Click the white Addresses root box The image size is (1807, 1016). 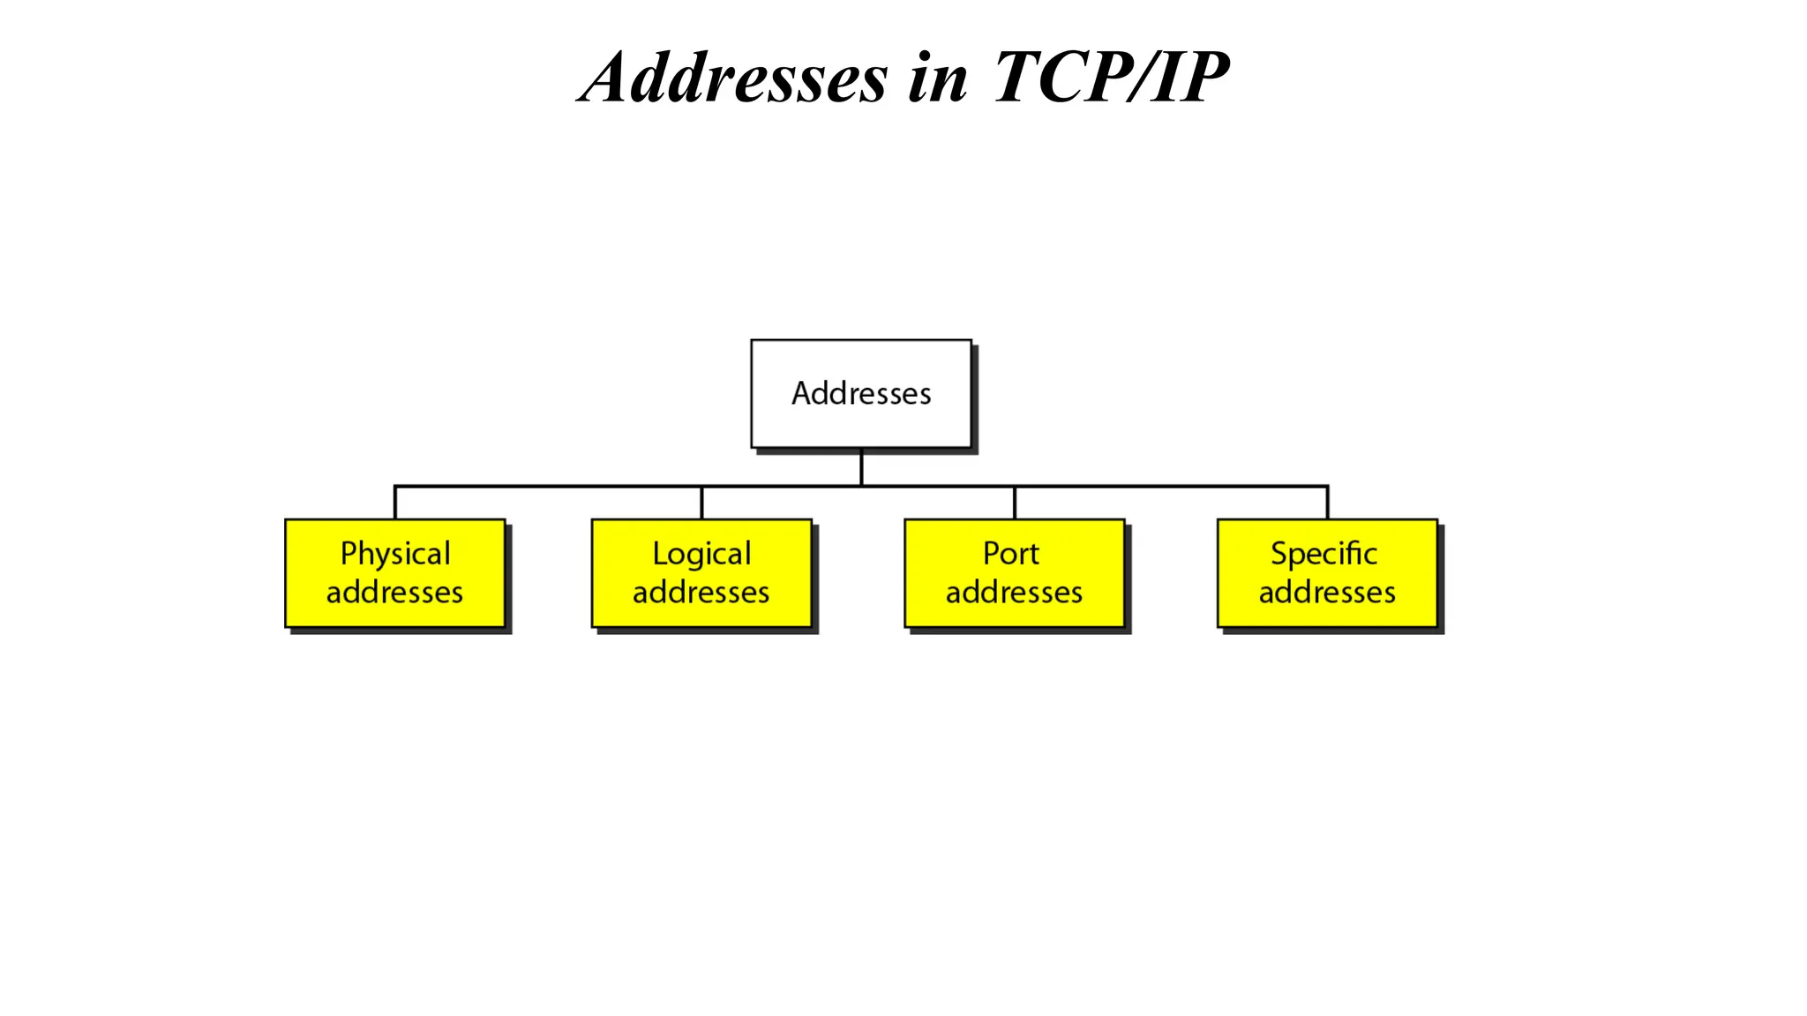pos(860,393)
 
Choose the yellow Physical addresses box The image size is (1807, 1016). pos(395,573)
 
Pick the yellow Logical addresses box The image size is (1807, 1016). pos(701,573)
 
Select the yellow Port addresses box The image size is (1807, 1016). pos(1014,573)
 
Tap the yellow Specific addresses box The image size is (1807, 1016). pos(1327,573)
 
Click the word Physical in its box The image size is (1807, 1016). pos(395,554)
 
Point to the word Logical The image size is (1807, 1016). pos(701,554)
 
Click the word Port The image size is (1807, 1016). pos(1011,554)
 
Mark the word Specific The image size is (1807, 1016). pos(1323,554)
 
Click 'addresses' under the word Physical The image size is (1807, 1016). pos(394,593)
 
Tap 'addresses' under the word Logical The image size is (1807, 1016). pos(701,593)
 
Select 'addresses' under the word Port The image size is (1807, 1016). pos(1014,593)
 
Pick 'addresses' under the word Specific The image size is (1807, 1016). pos(1327,593)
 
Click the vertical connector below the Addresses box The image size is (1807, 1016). pos(861,467)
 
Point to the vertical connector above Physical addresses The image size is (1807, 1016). pos(395,503)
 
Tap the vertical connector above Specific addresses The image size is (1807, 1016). pos(1327,503)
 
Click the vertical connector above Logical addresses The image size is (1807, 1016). pos(701,503)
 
